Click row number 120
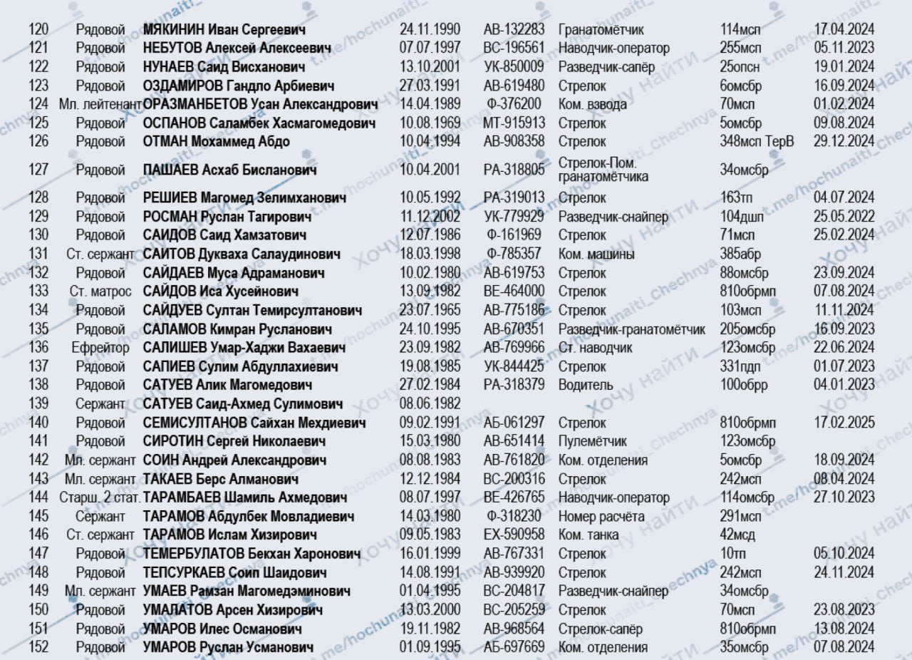coord(38,30)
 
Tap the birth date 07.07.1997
coord(430,48)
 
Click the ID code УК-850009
coord(514,67)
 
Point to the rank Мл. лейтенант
coord(100,104)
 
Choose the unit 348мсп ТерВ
coord(756,141)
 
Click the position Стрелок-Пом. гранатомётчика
coord(603,170)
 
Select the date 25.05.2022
coord(844,216)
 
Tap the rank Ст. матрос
coord(100,291)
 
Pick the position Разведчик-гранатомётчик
coord(631,329)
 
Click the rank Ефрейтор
coord(100,348)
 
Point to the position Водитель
coord(586,385)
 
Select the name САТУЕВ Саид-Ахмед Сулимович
coord(243,404)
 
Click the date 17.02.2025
coord(844,423)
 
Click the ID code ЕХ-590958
coord(514,535)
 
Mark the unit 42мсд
coord(737,535)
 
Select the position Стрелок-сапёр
coord(600,629)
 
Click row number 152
coord(38,647)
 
